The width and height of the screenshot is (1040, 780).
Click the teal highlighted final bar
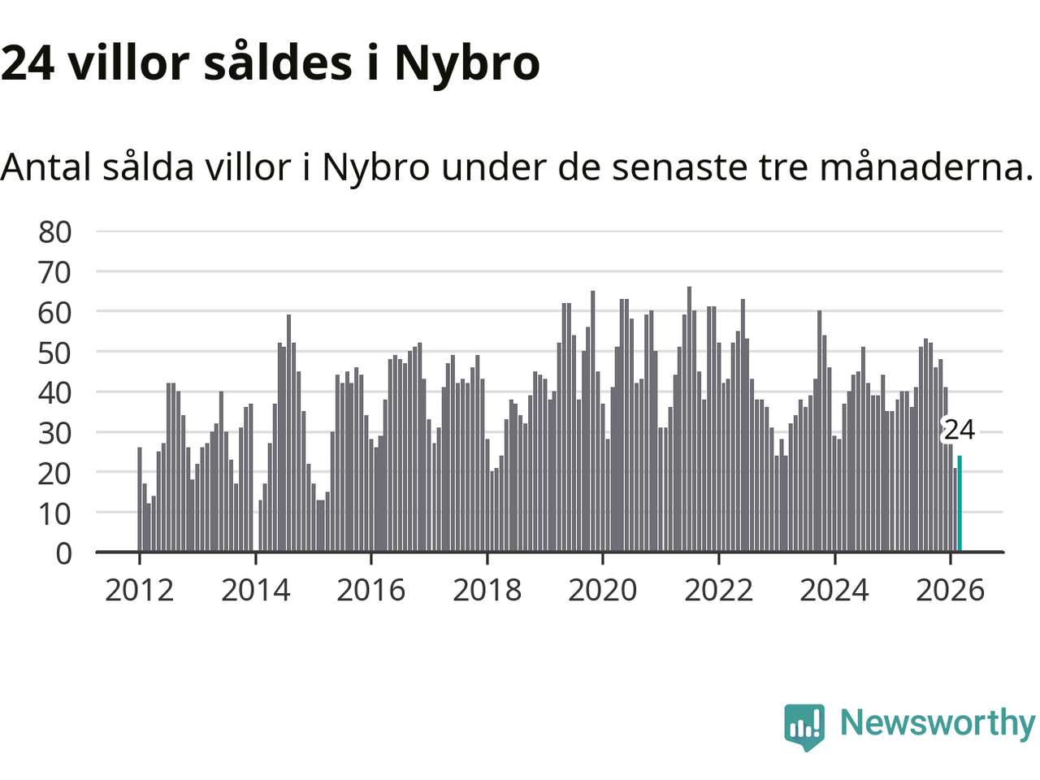pos(960,504)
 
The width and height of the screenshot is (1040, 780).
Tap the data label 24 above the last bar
pos(959,429)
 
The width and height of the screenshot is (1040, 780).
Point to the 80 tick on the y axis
pos(55,232)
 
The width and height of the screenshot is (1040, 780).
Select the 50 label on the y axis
pos(55,353)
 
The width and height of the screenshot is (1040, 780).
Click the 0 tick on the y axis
pos(63,553)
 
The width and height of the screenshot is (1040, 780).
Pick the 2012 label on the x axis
pos(140,590)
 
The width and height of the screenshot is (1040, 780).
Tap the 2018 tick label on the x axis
pos(487,590)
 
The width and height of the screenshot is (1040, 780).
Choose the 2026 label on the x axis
pos(950,590)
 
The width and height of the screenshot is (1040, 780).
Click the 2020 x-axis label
pos(603,590)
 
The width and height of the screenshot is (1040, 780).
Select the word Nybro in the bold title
pos(467,63)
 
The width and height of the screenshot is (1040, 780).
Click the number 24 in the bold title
pos(28,63)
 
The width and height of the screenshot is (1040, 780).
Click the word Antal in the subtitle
pos(45,167)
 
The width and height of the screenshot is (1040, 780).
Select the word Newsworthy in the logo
pos(937,723)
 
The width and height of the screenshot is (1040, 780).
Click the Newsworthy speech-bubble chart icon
pos(804,726)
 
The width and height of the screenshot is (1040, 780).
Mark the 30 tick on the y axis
pos(55,433)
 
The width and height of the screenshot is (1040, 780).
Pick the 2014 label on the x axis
pos(255,590)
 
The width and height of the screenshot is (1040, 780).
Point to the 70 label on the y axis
pos(55,272)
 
